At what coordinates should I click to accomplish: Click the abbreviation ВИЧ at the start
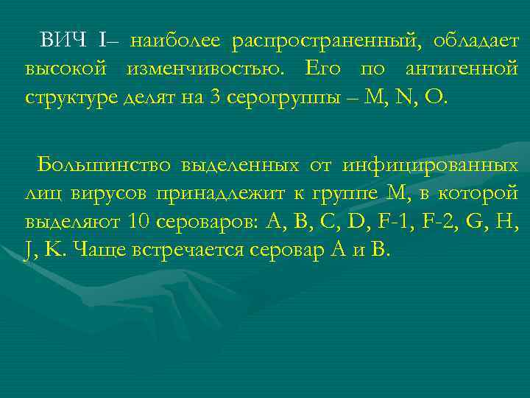(x=64, y=40)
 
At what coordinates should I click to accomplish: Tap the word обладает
(x=476, y=40)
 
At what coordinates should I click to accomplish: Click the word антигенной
(x=462, y=69)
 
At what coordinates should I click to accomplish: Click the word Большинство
(x=97, y=164)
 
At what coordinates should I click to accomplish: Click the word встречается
(x=178, y=250)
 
